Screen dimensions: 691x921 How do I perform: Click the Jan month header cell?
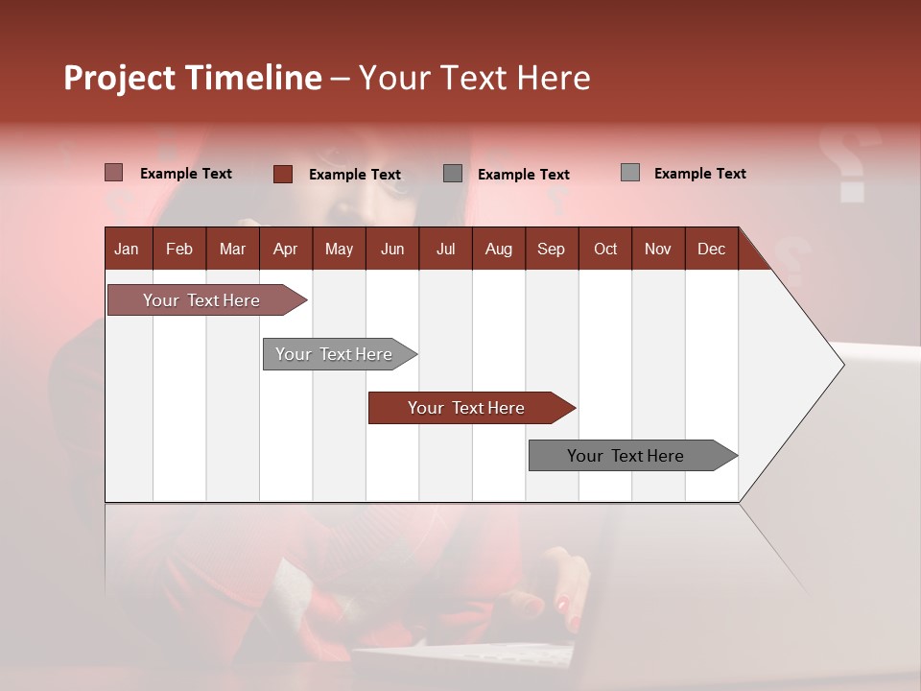128,249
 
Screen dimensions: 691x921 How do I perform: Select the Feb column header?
179,249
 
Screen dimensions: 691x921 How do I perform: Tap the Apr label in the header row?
285,249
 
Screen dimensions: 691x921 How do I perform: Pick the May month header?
339,249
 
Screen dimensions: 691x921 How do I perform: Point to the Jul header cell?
445,249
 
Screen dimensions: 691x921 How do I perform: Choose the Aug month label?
499,249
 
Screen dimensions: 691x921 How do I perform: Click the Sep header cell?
552,249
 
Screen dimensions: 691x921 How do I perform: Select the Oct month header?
605,249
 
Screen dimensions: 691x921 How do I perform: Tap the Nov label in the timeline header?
658,249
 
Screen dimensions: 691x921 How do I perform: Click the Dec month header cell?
712,249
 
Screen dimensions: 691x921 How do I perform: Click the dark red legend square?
283,174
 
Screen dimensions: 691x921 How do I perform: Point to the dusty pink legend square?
114,173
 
